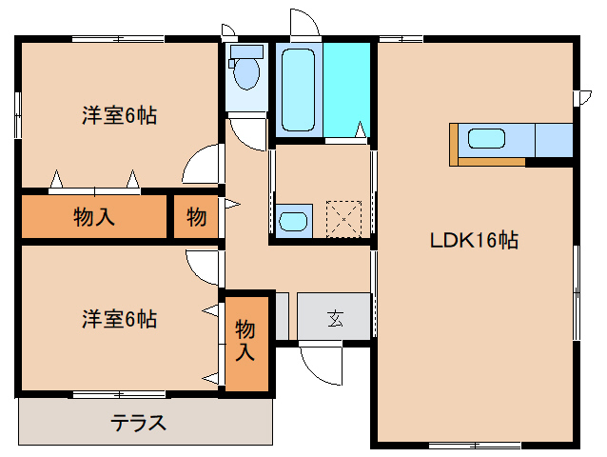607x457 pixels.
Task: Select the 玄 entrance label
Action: [335, 318]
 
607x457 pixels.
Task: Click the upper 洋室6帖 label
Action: [119, 116]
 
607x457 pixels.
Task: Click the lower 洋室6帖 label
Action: [119, 319]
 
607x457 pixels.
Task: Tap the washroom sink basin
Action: [293, 222]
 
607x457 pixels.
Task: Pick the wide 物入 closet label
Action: [94, 217]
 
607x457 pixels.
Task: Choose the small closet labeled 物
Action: [196, 217]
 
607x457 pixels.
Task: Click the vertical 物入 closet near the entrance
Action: [245, 341]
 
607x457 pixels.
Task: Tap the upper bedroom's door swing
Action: [204, 166]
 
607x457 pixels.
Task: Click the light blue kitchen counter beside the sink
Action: [553, 140]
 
